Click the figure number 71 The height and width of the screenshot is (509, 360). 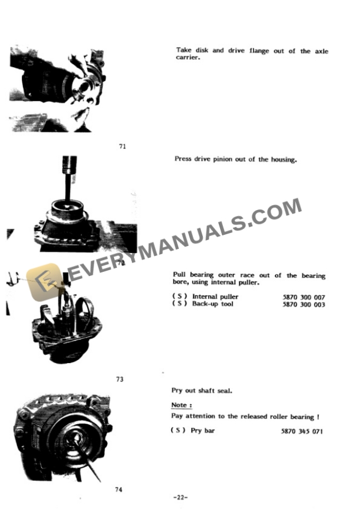[x=122, y=147]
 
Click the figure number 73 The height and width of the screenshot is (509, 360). [x=120, y=380]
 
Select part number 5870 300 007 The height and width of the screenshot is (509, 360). [x=304, y=298]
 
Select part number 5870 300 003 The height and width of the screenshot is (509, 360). [x=304, y=305]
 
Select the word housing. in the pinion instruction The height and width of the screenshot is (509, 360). [x=282, y=159]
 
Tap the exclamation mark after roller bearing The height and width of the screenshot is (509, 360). [x=318, y=417]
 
